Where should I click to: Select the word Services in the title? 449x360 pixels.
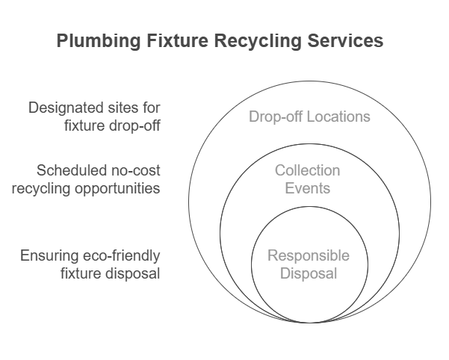348,41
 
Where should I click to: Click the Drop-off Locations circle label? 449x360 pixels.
309,117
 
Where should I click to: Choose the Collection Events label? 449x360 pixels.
307,179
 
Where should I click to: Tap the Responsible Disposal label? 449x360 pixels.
309,265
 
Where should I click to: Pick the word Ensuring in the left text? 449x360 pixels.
49,256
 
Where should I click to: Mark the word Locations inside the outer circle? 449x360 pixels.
341,117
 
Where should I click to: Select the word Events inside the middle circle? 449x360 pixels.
307,187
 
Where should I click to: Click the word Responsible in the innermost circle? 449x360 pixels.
309,257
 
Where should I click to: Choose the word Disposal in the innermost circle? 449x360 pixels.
309,274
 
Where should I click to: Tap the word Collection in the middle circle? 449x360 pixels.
307,171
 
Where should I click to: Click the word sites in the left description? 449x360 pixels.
123,108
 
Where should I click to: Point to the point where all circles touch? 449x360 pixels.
309,323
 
